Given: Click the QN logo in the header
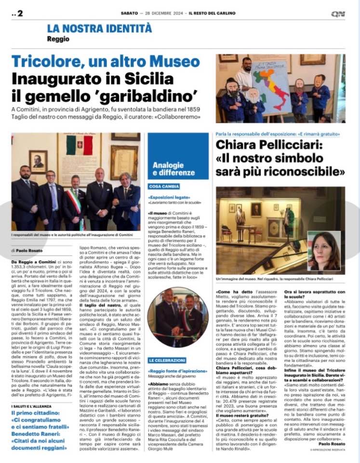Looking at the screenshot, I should [x=338, y=14].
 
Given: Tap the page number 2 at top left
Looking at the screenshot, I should [x=20, y=14].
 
